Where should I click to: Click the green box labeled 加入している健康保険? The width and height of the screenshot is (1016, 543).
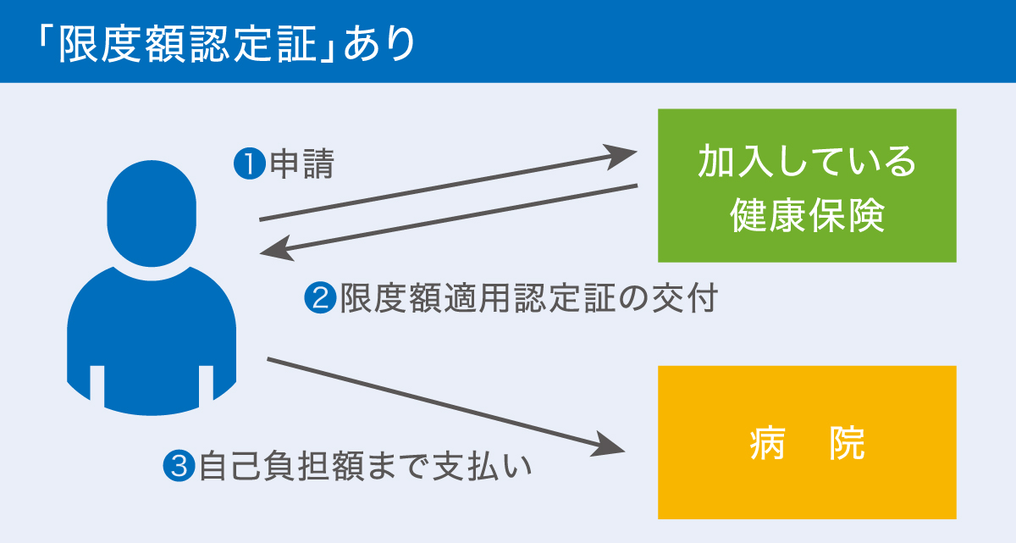(x=807, y=186)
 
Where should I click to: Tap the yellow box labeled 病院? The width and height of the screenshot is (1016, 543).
(x=807, y=442)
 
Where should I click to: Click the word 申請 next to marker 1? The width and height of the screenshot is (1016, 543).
(x=301, y=164)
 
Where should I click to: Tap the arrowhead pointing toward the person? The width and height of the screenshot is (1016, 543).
(x=274, y=250)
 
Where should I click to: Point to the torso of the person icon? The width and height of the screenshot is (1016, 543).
(x=152, y=339)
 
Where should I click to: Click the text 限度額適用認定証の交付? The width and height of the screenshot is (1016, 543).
(x=528, y=298)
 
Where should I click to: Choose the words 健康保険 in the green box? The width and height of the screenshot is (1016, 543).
(x=807, y=216)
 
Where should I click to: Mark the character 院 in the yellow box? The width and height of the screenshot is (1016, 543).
(x=847, y=443)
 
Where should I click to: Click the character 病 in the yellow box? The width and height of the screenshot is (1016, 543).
(x=767, y=443)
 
